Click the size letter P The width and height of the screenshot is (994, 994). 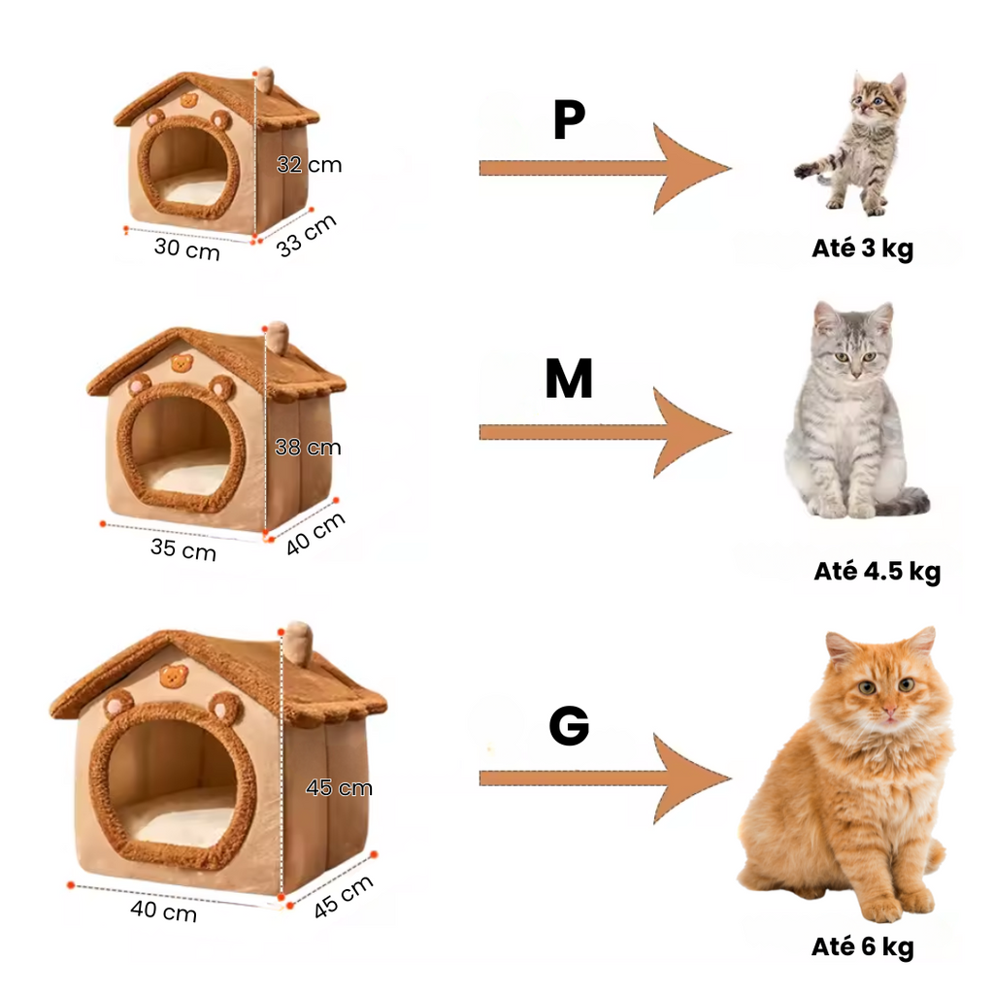coord(569,119)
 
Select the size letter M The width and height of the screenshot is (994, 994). coord(569,379)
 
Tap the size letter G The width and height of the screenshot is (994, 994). coord(569,725)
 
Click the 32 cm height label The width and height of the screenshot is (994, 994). coord(309,165)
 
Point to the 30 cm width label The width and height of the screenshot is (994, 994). coord(187,248)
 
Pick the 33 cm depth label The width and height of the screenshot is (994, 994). coord(306,236)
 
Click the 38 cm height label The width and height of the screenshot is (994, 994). coord(308,447)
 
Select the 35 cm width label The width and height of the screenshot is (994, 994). coord(183,549)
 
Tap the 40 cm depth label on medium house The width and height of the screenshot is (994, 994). coord(315,534)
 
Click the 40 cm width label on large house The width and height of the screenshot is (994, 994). coord(163,911)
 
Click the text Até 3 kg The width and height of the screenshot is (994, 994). coord(862,248)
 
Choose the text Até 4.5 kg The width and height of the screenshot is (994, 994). coord(878,571)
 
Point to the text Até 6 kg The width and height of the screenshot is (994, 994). coord(862,946)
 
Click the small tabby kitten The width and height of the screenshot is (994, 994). coord(856,145)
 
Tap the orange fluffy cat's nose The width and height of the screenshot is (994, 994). coord(889,707)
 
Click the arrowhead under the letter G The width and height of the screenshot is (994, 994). coord(692,779)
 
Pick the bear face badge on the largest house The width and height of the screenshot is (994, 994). coord(175,676)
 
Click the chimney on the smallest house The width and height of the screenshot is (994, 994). coord(265,81)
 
